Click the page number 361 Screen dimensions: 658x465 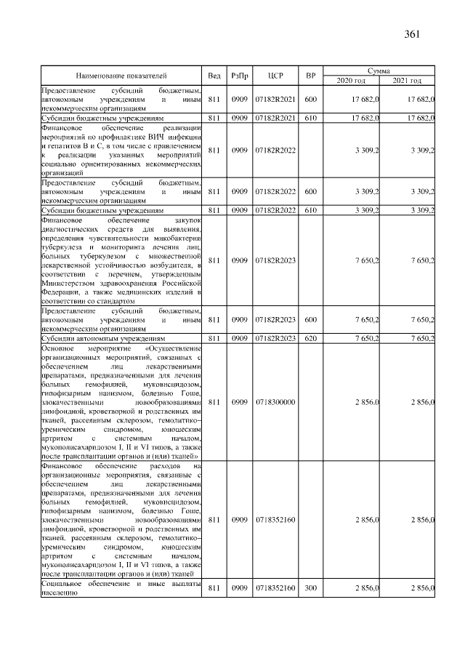412,33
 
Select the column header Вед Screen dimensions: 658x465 214,76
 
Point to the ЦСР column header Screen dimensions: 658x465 275,76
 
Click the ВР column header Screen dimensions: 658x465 310,76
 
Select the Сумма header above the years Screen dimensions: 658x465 379,71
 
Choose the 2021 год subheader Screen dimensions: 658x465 407,80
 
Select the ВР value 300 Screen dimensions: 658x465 310,587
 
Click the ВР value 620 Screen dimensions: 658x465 310,338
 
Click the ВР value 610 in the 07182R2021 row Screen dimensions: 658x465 310,117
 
